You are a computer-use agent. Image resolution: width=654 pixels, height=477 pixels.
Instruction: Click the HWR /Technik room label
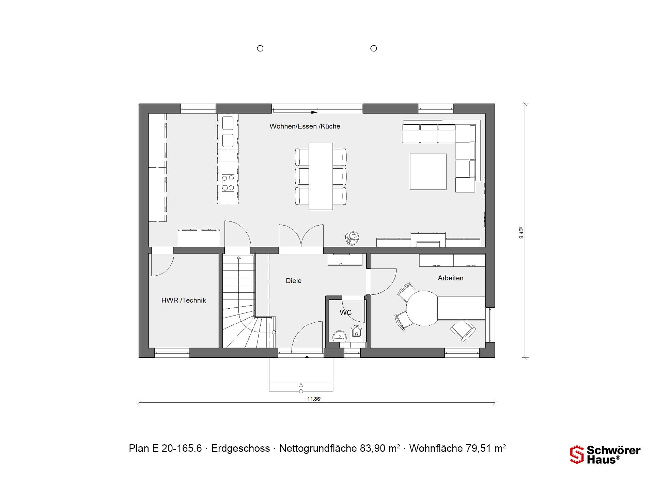coord(184,300)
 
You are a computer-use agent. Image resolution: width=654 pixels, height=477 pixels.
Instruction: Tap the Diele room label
coord(294,281)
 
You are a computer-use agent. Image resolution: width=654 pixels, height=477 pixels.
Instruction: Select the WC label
coord(345,312)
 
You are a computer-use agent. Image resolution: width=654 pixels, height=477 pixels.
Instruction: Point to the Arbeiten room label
coord(451,278)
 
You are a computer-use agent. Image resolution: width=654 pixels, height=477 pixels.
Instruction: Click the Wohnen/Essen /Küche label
coord(305,126)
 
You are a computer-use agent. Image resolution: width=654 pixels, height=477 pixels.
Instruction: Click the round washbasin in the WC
coord(340,336)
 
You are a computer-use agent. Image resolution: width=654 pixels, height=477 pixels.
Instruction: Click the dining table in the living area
coord(321,176)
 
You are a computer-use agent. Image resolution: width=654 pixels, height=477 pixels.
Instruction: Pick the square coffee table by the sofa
coord(428,172)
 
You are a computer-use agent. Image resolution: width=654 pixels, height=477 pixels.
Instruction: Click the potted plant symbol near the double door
coord(352,238)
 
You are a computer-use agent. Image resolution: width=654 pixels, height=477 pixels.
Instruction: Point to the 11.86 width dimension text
coord(314,399)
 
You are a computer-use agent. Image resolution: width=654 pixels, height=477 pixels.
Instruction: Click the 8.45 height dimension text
coord(521,233)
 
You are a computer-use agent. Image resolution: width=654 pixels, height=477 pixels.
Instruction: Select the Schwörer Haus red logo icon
coord(577,455)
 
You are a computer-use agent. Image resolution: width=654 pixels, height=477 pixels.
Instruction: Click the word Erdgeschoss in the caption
coord(240,448)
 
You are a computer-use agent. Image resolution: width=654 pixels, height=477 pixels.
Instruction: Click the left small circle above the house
coord(260,48)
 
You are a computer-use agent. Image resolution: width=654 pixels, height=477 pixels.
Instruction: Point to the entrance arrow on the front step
coord(301,387)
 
